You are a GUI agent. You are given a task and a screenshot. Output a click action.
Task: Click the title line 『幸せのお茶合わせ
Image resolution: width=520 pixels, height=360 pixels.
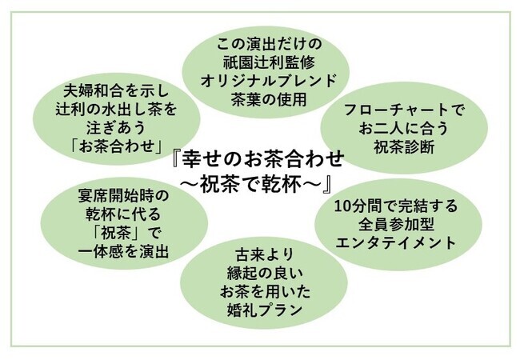(x=258, y=159)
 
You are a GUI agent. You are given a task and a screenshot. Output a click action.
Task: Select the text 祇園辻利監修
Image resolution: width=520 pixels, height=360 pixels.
(x=269, y=62)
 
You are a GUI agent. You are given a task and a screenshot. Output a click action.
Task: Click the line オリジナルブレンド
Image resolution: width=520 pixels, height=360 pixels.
(x=269, y=81)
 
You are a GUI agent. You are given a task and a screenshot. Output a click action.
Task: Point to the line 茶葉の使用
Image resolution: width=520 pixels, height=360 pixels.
(x=269, y=99)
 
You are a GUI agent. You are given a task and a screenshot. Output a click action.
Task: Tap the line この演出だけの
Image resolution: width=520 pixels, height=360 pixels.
(x=269, y=44)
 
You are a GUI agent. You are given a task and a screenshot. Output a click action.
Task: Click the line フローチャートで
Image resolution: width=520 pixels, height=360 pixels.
(x=403, y=110)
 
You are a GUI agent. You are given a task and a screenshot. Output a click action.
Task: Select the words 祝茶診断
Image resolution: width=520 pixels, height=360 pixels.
(x=404, y=147)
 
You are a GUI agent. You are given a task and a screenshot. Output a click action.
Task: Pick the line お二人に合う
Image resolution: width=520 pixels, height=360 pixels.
(x=403, y=129)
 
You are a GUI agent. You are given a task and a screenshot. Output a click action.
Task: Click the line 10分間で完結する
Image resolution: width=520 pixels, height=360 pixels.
(x=396, y=206)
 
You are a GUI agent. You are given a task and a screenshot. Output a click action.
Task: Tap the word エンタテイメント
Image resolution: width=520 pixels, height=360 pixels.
(x=396, y=242)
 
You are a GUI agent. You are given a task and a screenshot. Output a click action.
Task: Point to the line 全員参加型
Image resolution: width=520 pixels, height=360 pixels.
(x=396, y=225)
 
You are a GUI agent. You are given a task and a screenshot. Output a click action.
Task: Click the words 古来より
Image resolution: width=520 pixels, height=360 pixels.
(x=265, y=255)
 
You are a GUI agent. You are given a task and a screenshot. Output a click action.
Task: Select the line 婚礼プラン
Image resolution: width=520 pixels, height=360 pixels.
(x=265, y=310)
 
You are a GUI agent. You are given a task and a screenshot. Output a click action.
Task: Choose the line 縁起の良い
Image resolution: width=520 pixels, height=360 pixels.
(x=265, y=274)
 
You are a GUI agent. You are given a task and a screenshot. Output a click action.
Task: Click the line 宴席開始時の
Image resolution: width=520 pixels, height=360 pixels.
(x=124, y=196)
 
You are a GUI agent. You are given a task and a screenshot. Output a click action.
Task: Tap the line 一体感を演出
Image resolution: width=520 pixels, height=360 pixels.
(x=124, y=251)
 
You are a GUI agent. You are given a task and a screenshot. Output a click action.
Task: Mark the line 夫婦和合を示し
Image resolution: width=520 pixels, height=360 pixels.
(x=117, y=91)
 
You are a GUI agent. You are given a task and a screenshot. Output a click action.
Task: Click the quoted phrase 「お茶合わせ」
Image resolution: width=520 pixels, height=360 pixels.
(x=117, y=146)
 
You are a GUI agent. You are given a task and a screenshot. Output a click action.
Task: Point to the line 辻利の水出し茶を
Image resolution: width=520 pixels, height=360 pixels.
(x=117, y=110)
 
